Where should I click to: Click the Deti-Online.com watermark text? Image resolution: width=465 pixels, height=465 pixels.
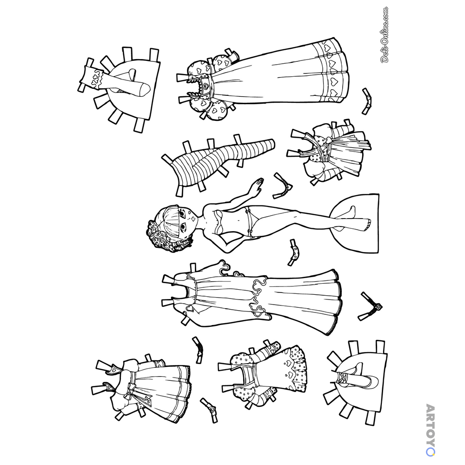tap(385, 35)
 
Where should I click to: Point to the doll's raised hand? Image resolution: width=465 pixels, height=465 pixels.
tap(257, 186)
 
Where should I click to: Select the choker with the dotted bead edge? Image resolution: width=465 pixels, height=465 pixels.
tap(283, 186)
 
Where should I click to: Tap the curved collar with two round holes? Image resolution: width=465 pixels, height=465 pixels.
tap(294, 252)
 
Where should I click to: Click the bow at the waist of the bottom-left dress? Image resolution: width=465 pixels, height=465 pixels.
tap(130, 389)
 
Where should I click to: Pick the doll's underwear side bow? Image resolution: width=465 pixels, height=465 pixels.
tap(250, 231)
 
